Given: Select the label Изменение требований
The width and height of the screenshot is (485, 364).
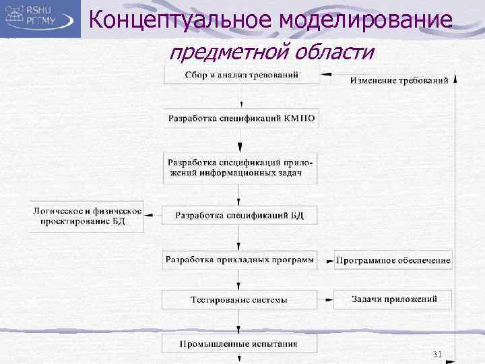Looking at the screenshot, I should [399, 81].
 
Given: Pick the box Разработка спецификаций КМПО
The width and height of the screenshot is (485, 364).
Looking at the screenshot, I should [241, 119].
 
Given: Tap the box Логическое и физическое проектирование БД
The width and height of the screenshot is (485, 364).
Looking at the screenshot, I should [87, 216].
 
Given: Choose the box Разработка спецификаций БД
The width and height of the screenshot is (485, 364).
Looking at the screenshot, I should [240, 216].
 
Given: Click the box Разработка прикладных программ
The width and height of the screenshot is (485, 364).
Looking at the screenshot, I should [240, 260].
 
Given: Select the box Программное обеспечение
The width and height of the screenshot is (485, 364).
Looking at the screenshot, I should [393, 260].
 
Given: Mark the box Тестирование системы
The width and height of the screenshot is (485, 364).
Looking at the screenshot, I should [240, 299].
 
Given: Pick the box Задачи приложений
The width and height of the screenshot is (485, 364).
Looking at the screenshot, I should [393, 299].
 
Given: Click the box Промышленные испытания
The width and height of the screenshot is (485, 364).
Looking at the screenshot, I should [240, 344].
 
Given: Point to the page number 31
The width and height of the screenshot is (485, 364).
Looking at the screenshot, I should [437, 355].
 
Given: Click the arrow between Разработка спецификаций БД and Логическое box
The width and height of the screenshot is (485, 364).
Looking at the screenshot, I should [154, 216].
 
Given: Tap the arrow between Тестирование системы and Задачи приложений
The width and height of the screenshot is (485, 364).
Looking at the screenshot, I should [326, 299].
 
